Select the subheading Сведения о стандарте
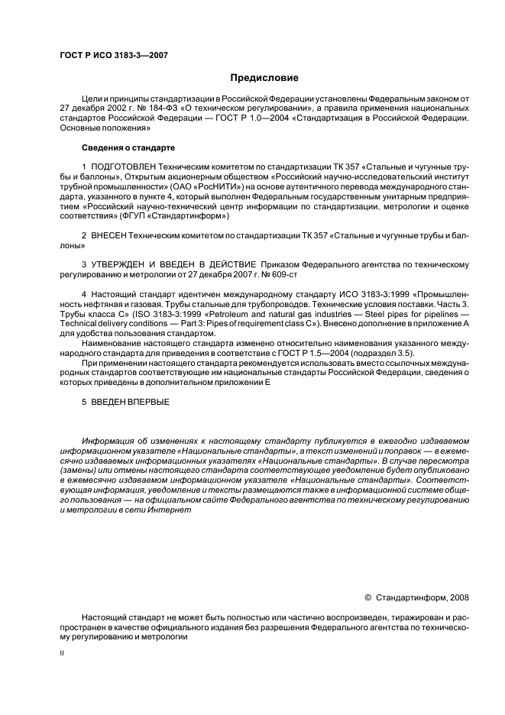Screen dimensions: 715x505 [x=128, y=147]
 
